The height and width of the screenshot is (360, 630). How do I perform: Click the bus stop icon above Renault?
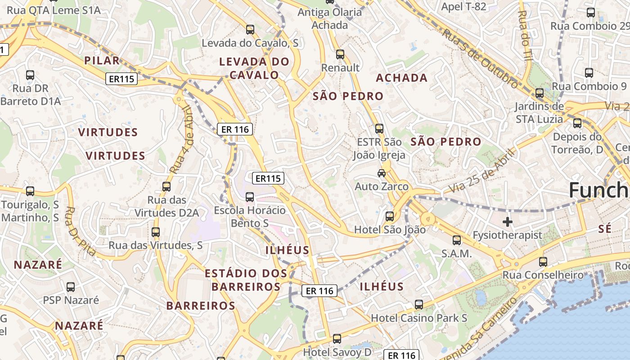click(x=340, y=54)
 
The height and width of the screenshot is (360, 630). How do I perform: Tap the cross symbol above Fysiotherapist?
click(x=508, y=221)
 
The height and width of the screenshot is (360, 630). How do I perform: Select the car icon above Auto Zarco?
click(x=382, y=173)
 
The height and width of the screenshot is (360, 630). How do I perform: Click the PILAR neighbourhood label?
click(x=102, y=61)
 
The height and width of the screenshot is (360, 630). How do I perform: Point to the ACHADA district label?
click(x=401, y=78)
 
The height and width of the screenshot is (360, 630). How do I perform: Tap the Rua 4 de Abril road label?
click(x=181, y=139)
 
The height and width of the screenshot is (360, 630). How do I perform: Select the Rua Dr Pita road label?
click(x=81, y=231)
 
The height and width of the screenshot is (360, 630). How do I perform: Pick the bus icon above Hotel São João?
click(x=390, y=216)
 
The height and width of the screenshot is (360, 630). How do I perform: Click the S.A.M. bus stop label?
click(x=456, y=254)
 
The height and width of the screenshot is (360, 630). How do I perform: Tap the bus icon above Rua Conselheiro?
click(x=543, y=261)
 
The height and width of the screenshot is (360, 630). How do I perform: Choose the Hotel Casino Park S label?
click(x=419, y=318)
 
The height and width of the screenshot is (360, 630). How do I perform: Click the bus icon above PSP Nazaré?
click(x=71, y=287)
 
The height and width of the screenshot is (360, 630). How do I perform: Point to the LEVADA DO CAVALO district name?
click(x=254, y=68)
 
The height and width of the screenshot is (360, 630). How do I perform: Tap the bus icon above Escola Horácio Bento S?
click(x=250, y=197)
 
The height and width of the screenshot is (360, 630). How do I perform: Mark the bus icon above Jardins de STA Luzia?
click(x=540, y=94)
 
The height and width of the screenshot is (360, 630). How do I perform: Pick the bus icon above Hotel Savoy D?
click(x=337, y=339)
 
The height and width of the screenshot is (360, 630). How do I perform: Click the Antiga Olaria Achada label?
click(x=330, y=19)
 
